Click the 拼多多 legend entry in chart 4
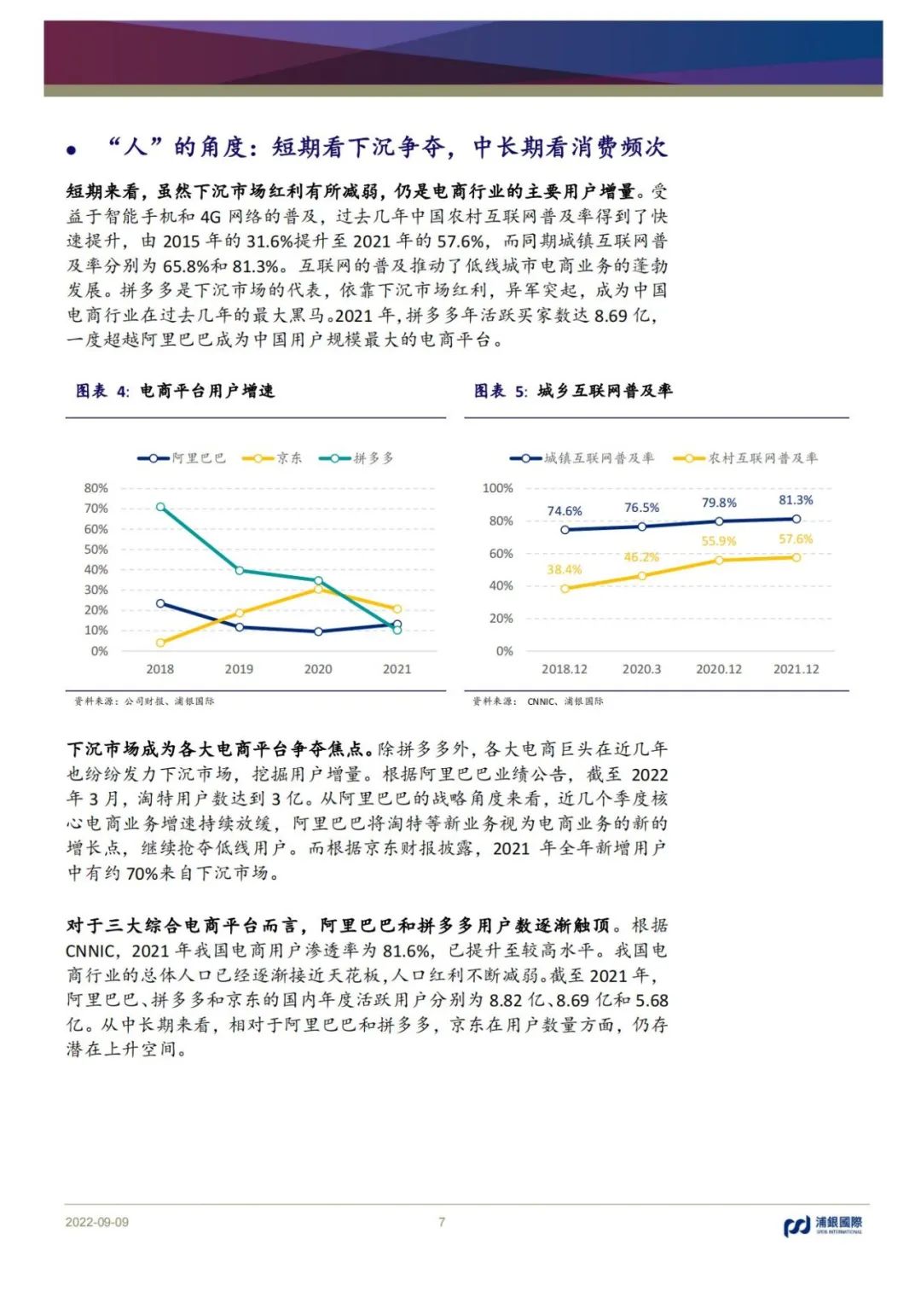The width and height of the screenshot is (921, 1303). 358,458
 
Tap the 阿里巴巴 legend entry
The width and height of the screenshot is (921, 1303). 183,458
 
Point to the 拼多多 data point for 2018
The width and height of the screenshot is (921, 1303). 160,507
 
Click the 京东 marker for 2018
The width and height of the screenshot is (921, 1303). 160,643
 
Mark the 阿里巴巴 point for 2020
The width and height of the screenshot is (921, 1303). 318,631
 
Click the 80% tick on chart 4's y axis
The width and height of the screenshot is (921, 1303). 96,488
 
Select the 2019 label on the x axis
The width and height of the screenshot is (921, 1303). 239,669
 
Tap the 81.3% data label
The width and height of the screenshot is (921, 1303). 796,500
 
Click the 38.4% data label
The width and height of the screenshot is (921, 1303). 564,569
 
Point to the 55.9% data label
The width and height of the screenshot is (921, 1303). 718,541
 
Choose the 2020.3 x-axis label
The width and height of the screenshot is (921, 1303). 641,669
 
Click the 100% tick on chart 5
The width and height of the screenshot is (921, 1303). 498,488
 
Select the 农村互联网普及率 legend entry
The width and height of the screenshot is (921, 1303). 747,458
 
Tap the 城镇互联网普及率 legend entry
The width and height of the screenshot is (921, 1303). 583,458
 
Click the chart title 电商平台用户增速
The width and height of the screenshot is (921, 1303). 207,391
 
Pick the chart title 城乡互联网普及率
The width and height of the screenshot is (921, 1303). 605,391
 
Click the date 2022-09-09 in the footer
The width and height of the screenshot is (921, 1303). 97,1222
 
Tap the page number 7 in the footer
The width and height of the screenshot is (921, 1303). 442,1222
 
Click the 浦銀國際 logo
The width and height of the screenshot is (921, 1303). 823,1226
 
